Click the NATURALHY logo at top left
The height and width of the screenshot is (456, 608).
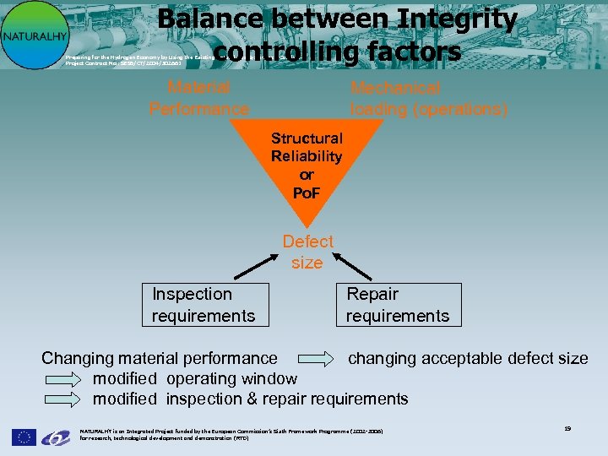[34, 35]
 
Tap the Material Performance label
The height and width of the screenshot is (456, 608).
[199, 98]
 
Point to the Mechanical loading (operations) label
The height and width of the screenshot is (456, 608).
[429, 99]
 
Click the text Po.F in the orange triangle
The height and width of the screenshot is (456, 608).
[307, 194]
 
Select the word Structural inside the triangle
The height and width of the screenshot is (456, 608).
[307, 138]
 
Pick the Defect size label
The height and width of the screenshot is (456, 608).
[307, 252]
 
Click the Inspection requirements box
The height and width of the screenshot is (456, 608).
[205, 305]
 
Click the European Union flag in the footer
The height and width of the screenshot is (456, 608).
[24, 437]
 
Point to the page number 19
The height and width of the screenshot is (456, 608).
[567, 429]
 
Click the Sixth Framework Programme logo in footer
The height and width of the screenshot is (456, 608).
[56, 437]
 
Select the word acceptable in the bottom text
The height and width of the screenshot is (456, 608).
[466, 359]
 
